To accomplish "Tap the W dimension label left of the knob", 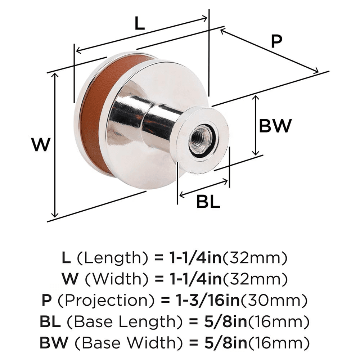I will click(40, 145).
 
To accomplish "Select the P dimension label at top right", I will click(276, 42).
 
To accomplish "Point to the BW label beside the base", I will click(275, 126).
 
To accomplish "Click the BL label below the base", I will click(208, 202).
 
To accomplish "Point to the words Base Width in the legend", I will click(119, 341).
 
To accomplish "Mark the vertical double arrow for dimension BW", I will click(256, 125).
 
